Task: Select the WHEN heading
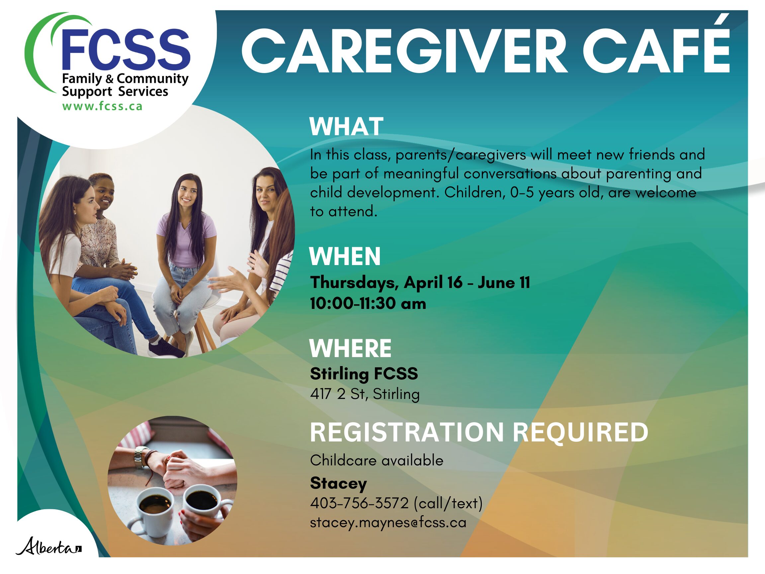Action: point(345,256)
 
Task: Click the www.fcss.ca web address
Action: point(102,106)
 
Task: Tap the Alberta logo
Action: point(49,546)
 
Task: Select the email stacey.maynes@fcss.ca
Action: point(388,523)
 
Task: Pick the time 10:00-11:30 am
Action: point(368,303)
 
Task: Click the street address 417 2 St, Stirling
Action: point(365,394)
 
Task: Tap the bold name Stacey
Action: point(338,483)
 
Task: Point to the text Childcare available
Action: point(377,460)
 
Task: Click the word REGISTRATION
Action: point(407,432)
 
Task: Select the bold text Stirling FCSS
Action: point(364,374)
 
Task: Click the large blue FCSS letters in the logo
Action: point(126,48)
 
